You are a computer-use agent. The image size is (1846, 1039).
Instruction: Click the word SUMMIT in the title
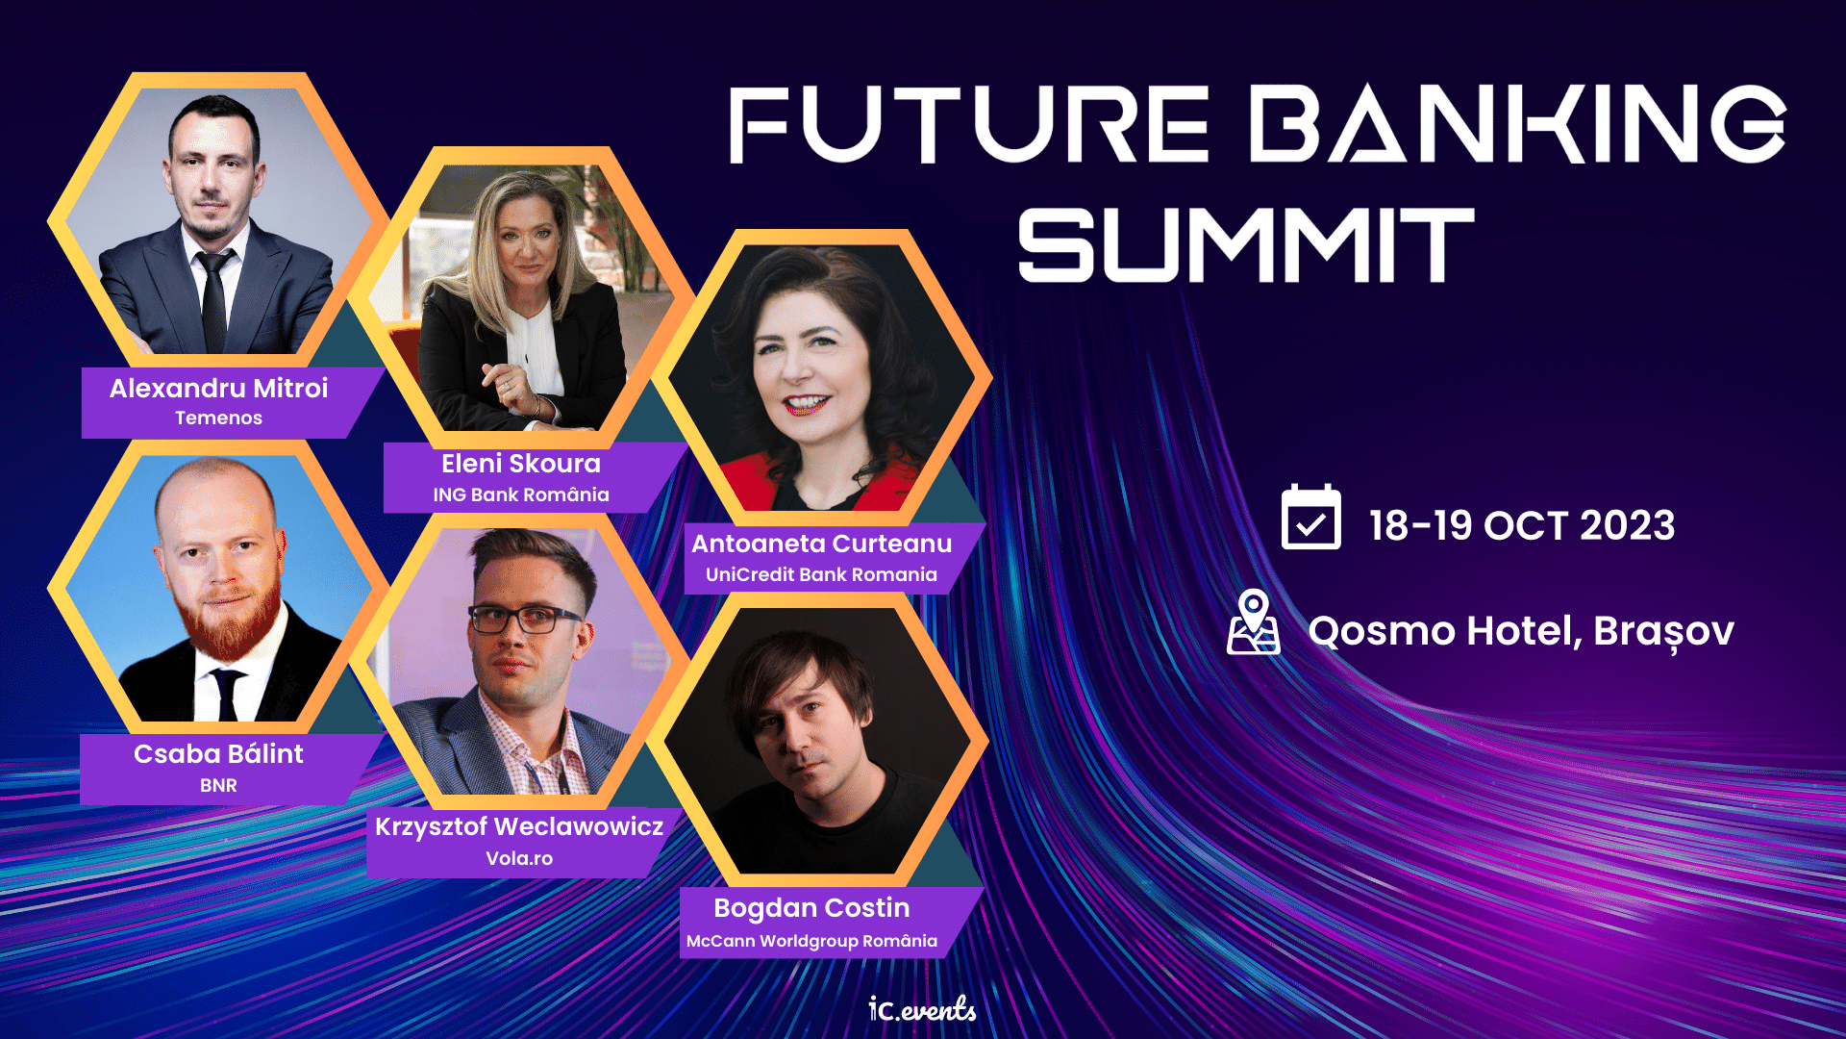point(1246,245)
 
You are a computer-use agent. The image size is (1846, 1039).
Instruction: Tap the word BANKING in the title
point(1518,123)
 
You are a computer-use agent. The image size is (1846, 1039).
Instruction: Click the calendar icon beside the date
point(1310,518)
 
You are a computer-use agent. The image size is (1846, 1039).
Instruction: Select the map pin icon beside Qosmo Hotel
point(1254,622)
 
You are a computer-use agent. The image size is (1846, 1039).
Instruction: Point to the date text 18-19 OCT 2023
point(1522,525)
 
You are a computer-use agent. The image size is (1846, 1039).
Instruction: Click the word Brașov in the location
point(1663,632)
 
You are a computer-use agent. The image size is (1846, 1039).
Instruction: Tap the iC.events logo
point(922,1008)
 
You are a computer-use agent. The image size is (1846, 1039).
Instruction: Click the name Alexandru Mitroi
point(218,388)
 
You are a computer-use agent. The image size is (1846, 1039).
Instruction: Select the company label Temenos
point(218,418)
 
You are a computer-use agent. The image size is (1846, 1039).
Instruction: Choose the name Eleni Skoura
point(520,463)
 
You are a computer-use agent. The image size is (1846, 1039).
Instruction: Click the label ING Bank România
point(520,494)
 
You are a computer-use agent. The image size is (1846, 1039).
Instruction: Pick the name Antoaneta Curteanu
point(822,544)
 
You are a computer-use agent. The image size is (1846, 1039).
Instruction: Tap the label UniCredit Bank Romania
point(821,574)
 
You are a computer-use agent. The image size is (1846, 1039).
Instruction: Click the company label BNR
point(218,785)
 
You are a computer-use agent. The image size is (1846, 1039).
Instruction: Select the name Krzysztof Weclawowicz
point(519,826)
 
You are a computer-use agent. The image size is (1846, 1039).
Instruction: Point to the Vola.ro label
point(519,858)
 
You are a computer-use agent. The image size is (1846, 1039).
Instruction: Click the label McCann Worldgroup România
point(811,941)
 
